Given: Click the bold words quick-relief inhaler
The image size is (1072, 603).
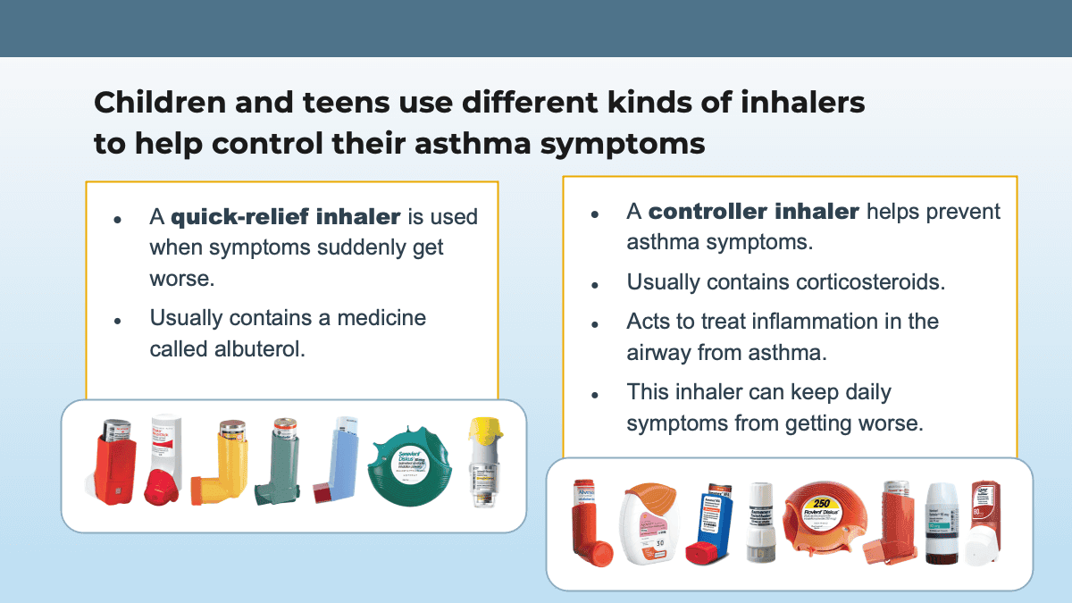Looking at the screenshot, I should [285, 217].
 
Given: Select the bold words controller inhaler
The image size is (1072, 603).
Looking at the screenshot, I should [754, 212].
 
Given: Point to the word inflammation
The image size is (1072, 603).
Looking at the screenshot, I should [808, 321].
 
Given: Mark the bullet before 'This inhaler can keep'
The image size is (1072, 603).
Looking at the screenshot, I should [595, 394].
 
